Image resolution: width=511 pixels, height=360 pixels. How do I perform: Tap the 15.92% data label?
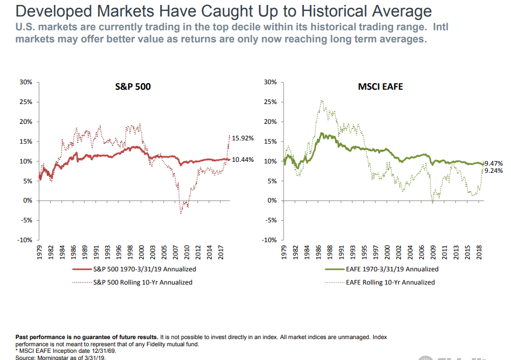242,138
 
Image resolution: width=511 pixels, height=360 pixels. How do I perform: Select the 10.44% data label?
242,159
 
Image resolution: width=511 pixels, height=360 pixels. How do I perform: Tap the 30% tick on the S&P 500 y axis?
26,82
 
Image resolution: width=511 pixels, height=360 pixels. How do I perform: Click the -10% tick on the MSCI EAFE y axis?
270,240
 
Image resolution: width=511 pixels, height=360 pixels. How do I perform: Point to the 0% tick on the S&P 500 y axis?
28,200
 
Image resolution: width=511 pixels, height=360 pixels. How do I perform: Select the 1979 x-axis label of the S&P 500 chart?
40,252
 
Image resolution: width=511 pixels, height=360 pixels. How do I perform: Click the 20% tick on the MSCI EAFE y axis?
271,122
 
